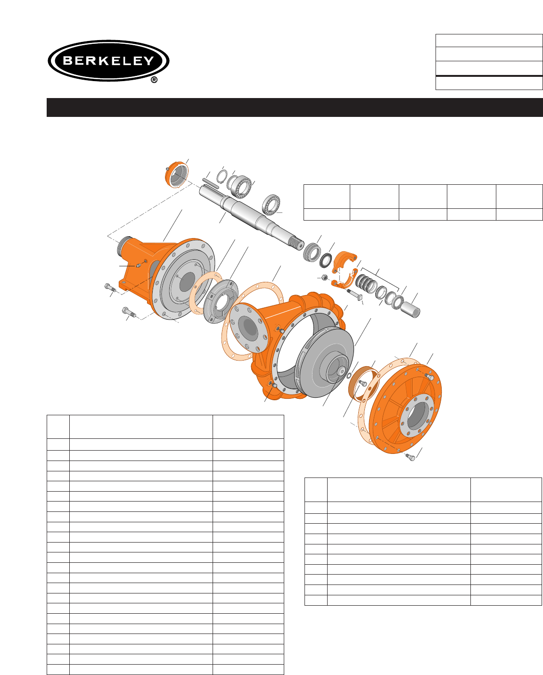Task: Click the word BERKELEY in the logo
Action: (x=108, y=60)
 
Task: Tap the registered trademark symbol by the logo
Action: (x=154, y=80)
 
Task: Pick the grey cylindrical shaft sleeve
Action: (x=411, y=309)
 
